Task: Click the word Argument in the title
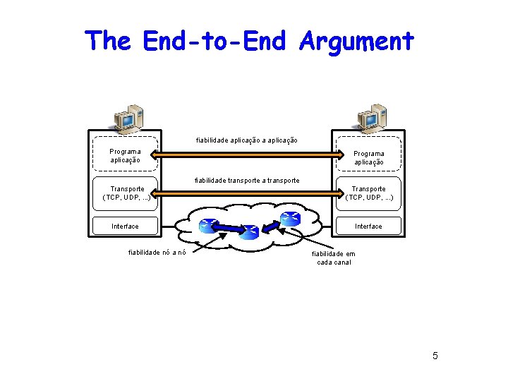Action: tap(356, 41)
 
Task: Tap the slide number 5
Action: tap(435, 356)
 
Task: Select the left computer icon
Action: tap(128, 119)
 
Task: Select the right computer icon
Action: tap(371, 119)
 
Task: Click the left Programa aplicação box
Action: tap(125, 155)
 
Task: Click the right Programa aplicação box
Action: tap(368, 157)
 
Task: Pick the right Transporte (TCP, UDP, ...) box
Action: tap(368, 193)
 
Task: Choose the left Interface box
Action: tap(125, 226)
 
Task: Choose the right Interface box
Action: tap(368, 226)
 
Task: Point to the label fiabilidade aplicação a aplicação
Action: tap(246, 140)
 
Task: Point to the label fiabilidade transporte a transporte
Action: tap(247, 181)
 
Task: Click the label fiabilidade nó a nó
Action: tap(157, 253)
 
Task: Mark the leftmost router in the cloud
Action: tap(207, 226)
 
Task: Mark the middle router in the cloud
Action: tap(249, 232)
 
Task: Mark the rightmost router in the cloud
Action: tap(289, 219)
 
